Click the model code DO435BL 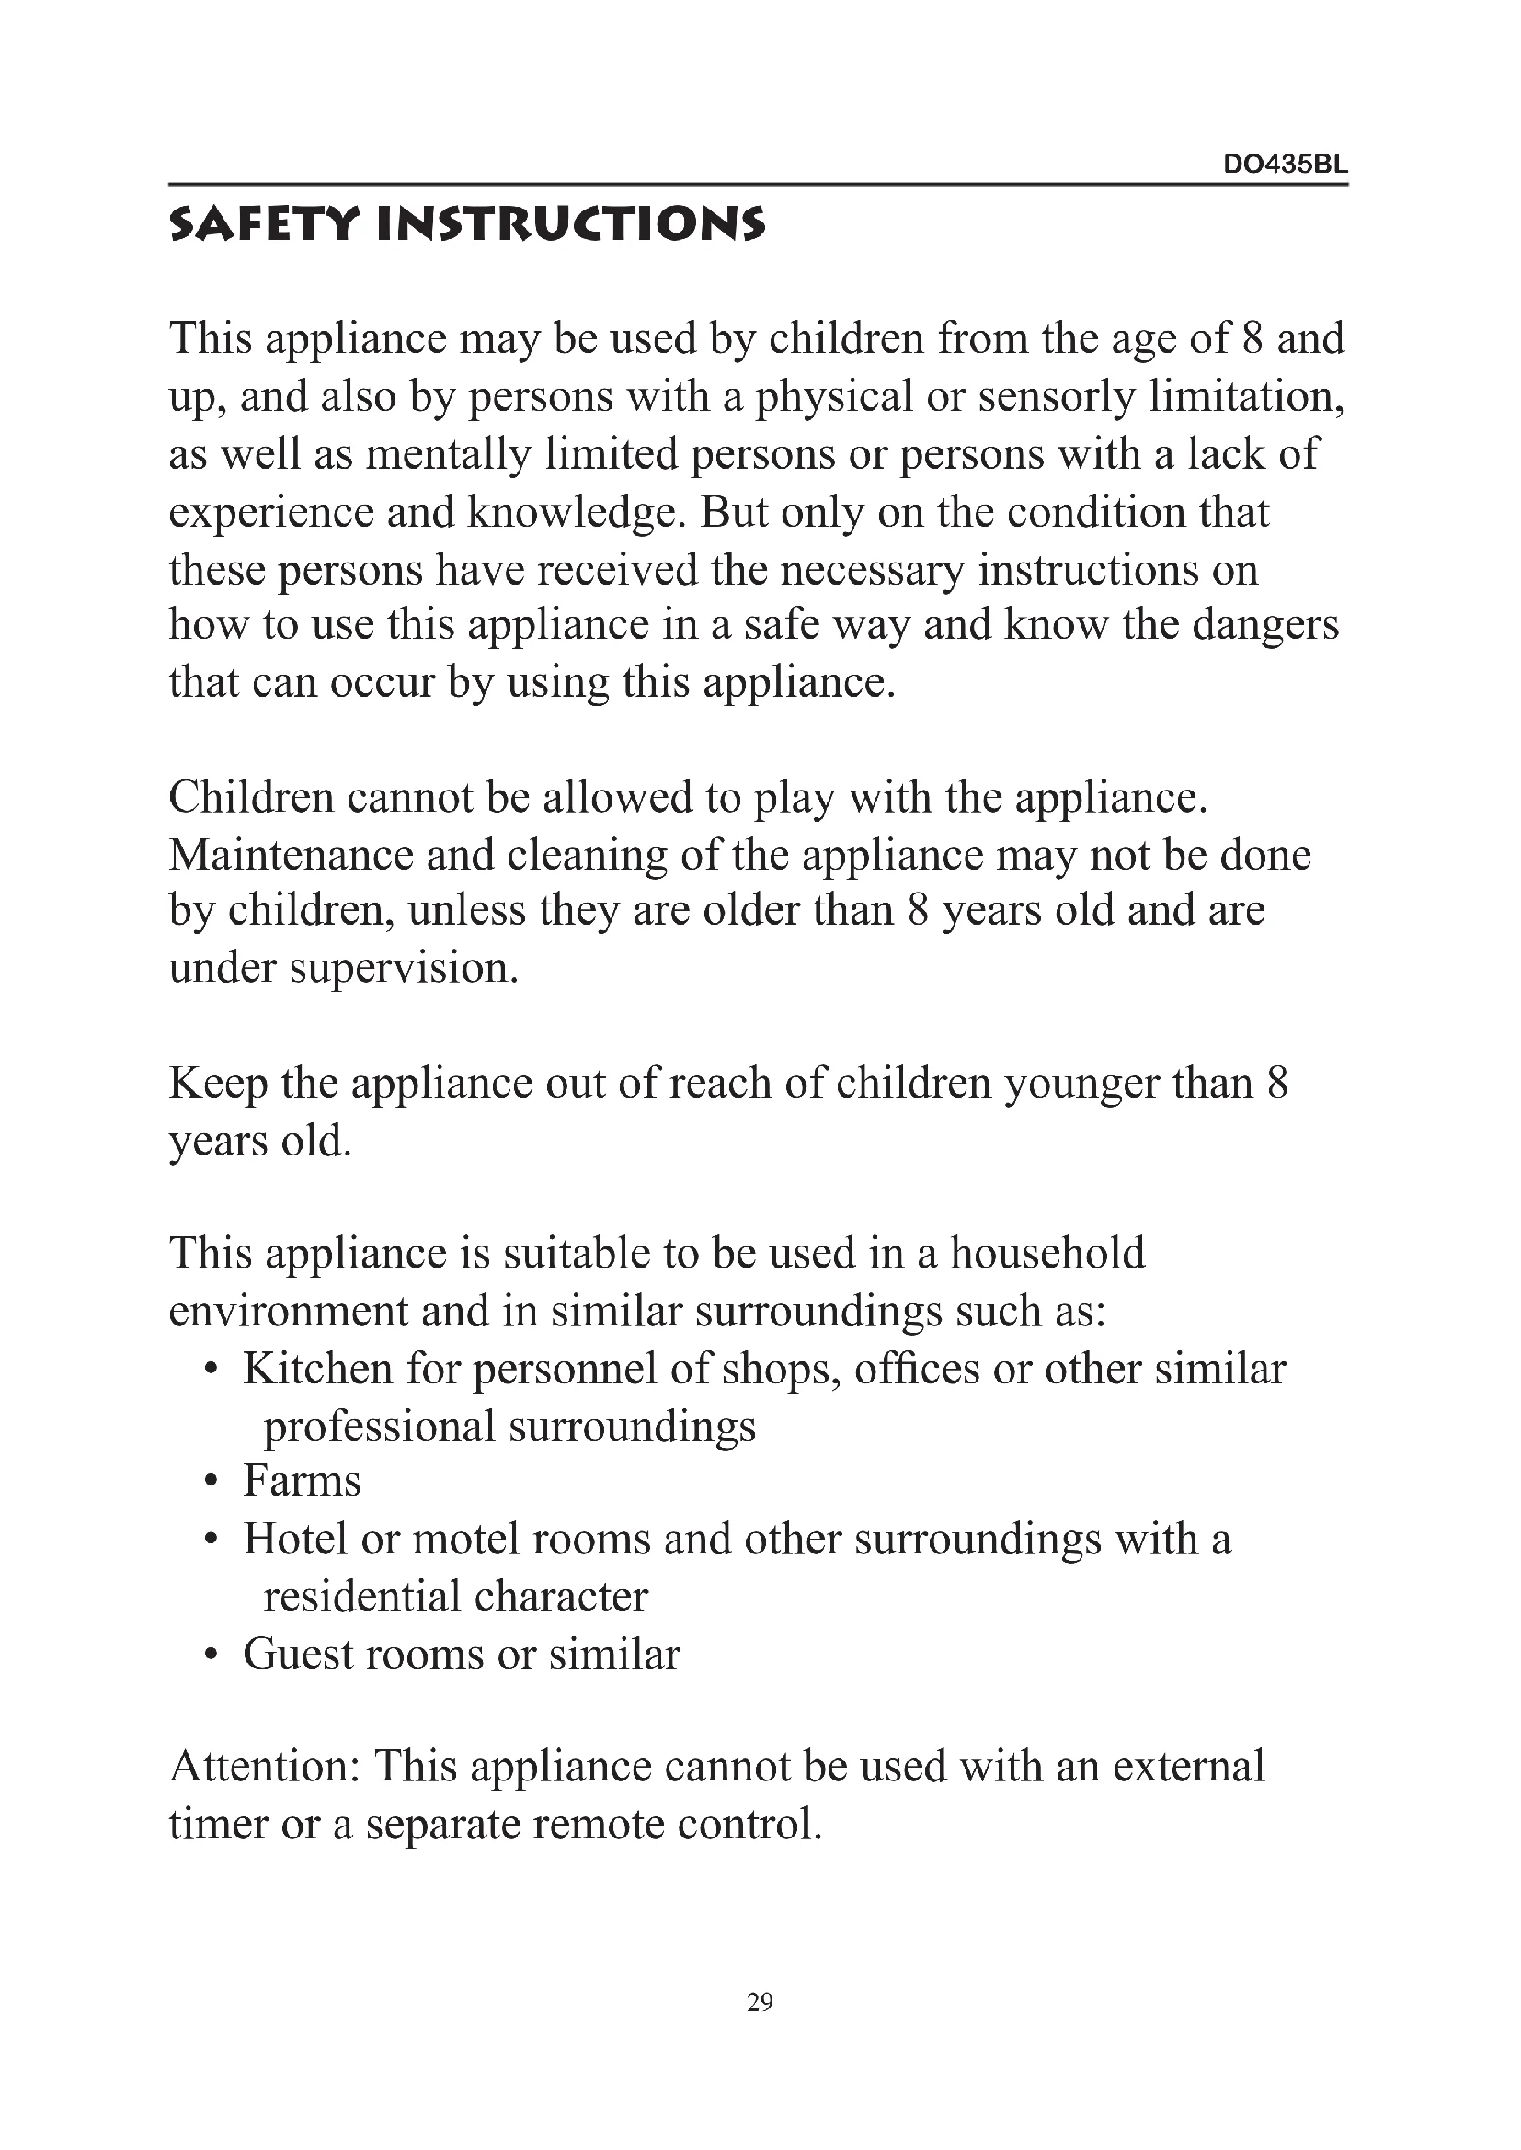(1285, 165)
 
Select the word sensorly (1057, 396)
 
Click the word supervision (404, 968)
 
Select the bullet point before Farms (212, 1483)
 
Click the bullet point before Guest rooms (212, 1655)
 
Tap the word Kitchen (317, 1368)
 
